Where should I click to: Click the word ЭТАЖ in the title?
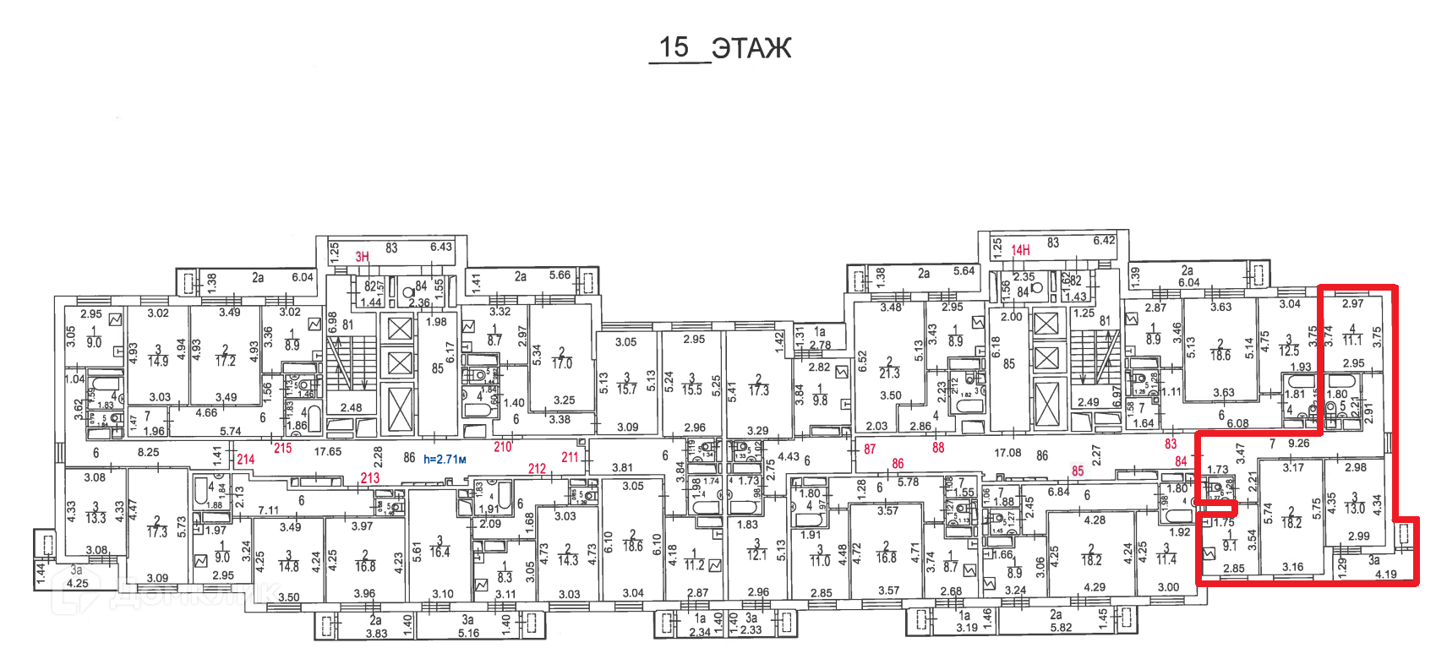(x=751, y=48)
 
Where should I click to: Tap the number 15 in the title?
(x=674, y=47)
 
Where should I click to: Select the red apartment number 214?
(x=245, y=460)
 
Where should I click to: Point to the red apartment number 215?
(x=282, y=448)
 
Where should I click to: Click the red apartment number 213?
(x=369, y=477)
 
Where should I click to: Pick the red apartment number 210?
(x=503, y=447)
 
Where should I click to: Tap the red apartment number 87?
(x=870, y=449)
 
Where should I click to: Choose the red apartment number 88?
(x=938, y=448)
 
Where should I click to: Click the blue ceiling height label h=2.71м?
(x=445, y=460)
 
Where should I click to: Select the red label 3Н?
(x=362, y=257)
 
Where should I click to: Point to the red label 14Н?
(x=1020, y=250)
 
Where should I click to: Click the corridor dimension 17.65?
(x=328, y=452)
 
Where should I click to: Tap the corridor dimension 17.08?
(x=1007, y=453)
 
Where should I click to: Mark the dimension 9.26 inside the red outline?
(x=1298, y=443)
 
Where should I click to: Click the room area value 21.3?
(x=890, y=373)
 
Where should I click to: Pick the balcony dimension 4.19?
(x=1385, y=574)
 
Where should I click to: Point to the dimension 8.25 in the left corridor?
(x=148, y=452)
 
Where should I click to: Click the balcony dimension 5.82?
(x=1061, y=627)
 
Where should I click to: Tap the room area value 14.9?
(x=158, y=361)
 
